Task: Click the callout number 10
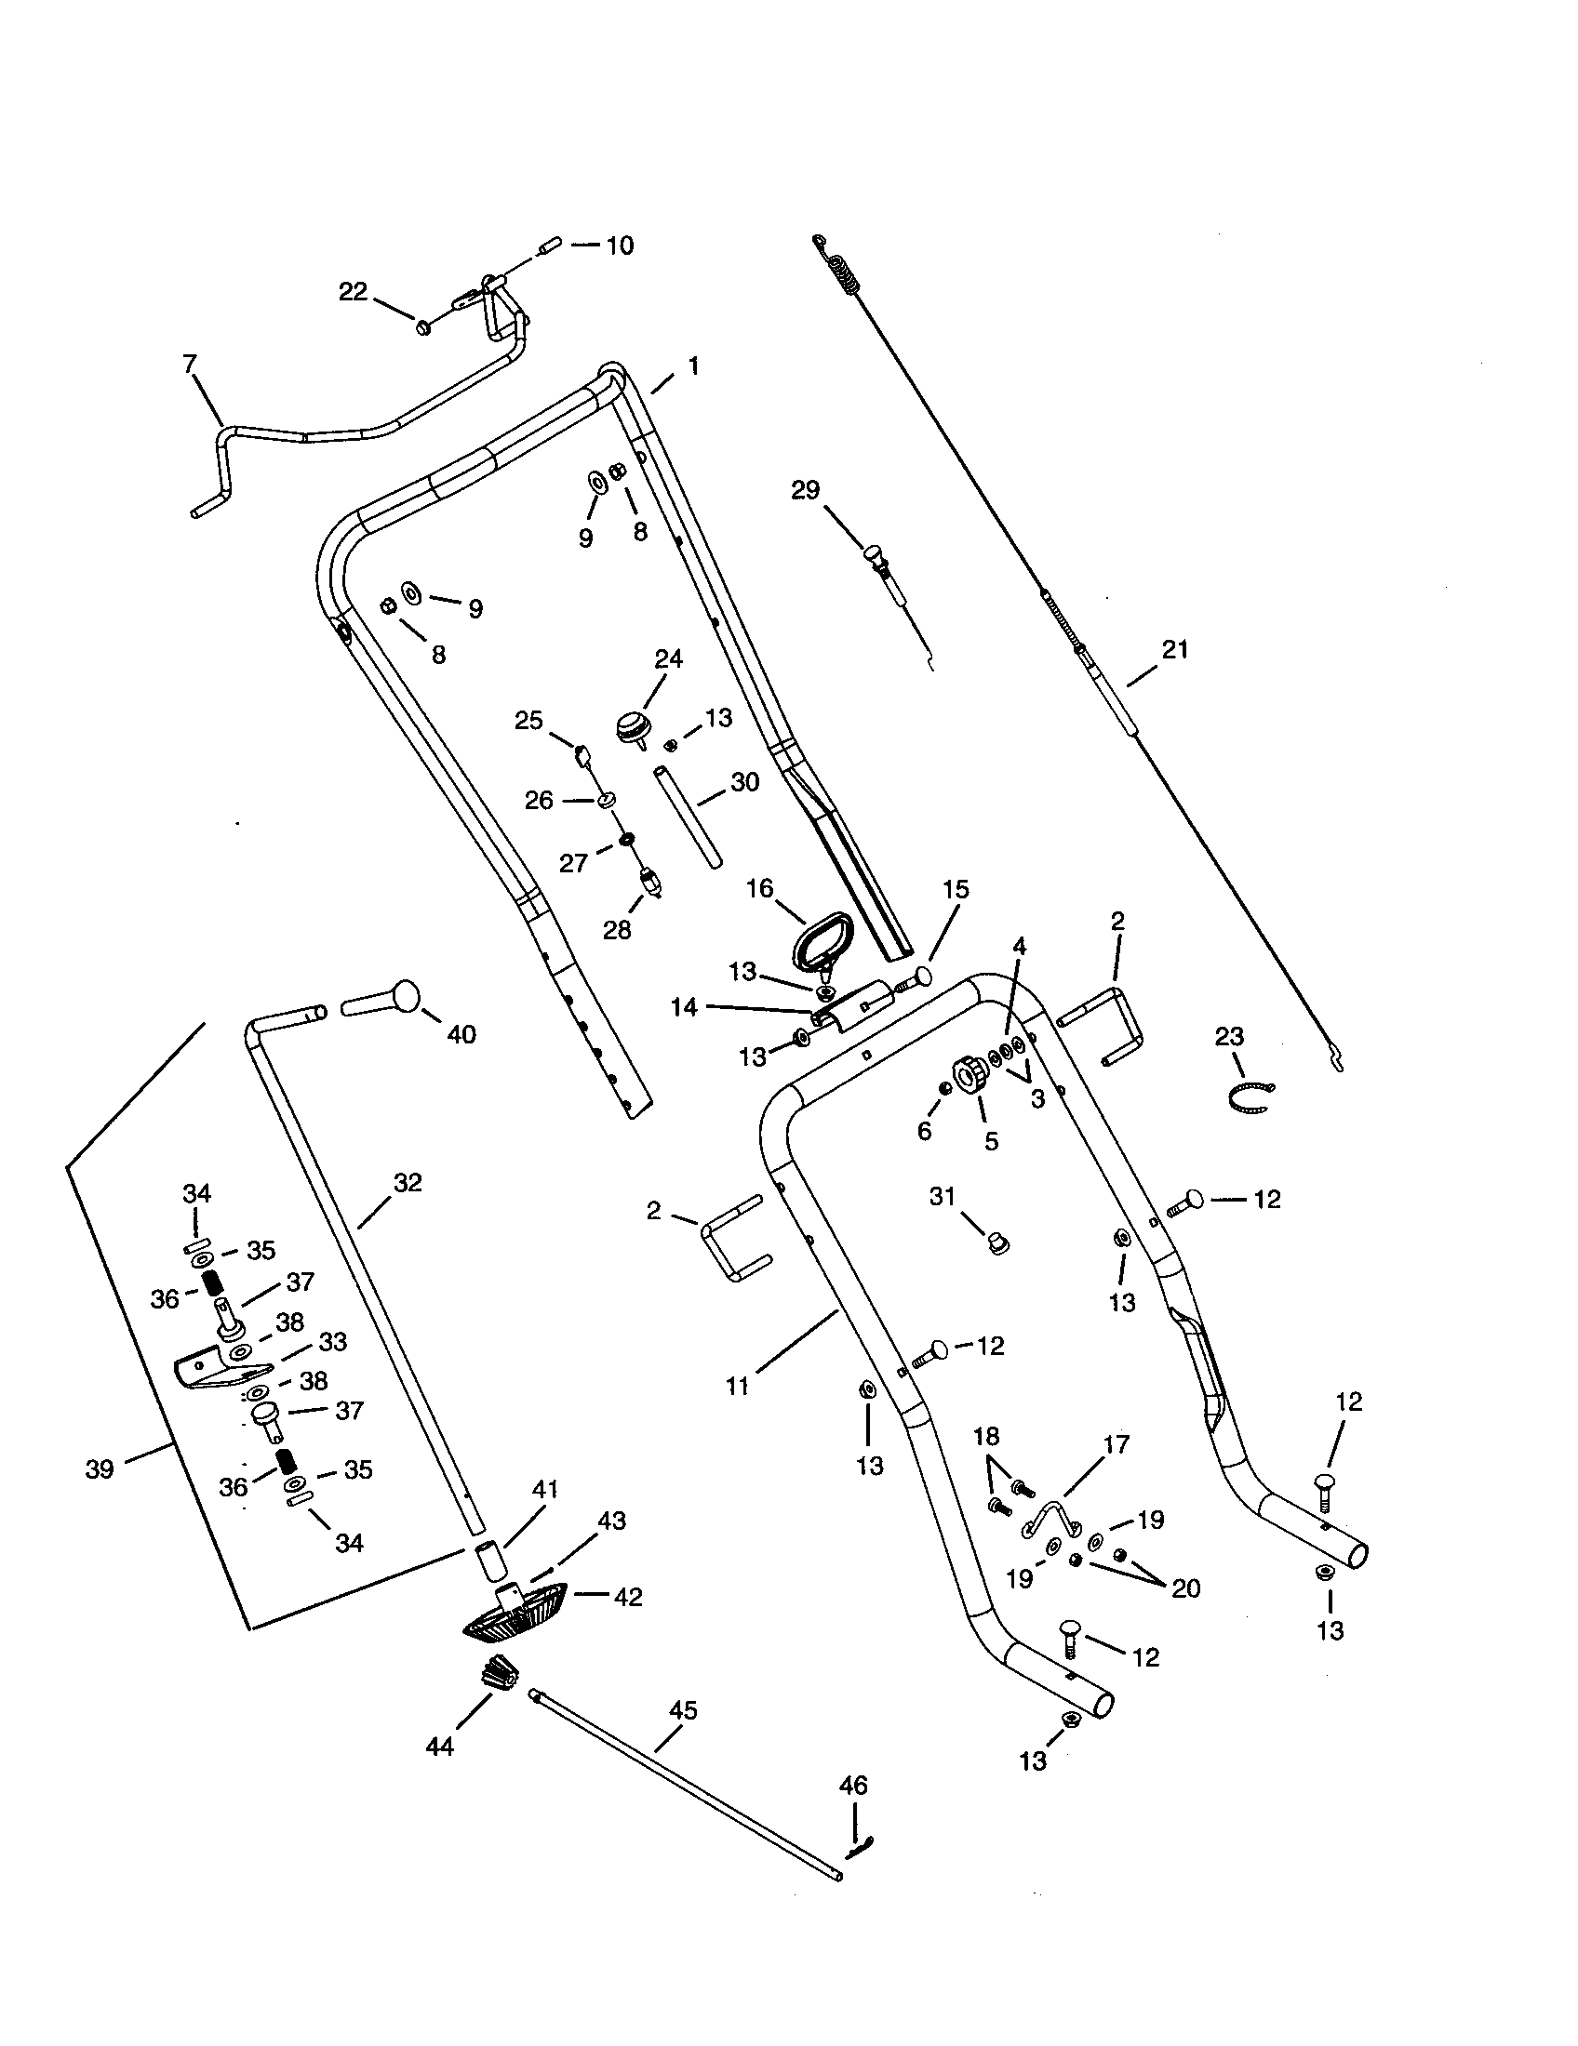point(620,246)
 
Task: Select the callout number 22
point(353,291)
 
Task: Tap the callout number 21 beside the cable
point(1174,649)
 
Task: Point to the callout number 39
point(100,1468)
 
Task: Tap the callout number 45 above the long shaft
point(683,1710)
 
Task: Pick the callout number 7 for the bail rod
point(190,364)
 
